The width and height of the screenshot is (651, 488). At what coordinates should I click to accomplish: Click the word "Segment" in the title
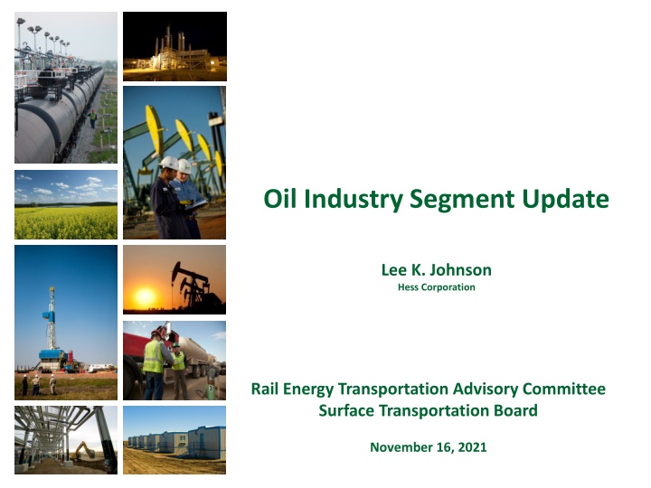point(462,200)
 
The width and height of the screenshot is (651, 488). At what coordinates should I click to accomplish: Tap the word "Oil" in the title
point(279,198)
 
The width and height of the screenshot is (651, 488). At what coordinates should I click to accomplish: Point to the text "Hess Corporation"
point(437,287)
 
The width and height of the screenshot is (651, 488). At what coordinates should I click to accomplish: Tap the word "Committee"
point(564,389)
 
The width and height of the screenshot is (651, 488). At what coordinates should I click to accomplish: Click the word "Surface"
point(346,411)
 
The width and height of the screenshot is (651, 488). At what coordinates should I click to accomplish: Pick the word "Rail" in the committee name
point(264,389)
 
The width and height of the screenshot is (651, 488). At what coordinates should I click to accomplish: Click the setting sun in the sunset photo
point(145,296)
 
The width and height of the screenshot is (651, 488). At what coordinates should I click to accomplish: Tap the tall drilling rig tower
point(52,317)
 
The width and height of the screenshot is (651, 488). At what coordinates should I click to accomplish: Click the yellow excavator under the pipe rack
point(82,450)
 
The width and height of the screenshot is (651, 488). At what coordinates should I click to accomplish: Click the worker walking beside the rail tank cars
point(93,118)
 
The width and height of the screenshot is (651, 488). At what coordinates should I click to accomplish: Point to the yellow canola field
point(66,222)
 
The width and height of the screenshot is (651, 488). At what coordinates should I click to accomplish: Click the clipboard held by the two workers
point(197,204)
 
